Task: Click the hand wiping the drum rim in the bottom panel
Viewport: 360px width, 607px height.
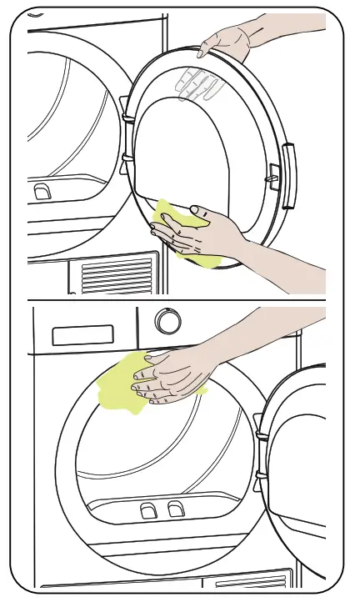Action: [172, 375]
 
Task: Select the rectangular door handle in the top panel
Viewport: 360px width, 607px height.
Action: [288, 175]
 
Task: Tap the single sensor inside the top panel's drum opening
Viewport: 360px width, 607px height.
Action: [41, 192]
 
